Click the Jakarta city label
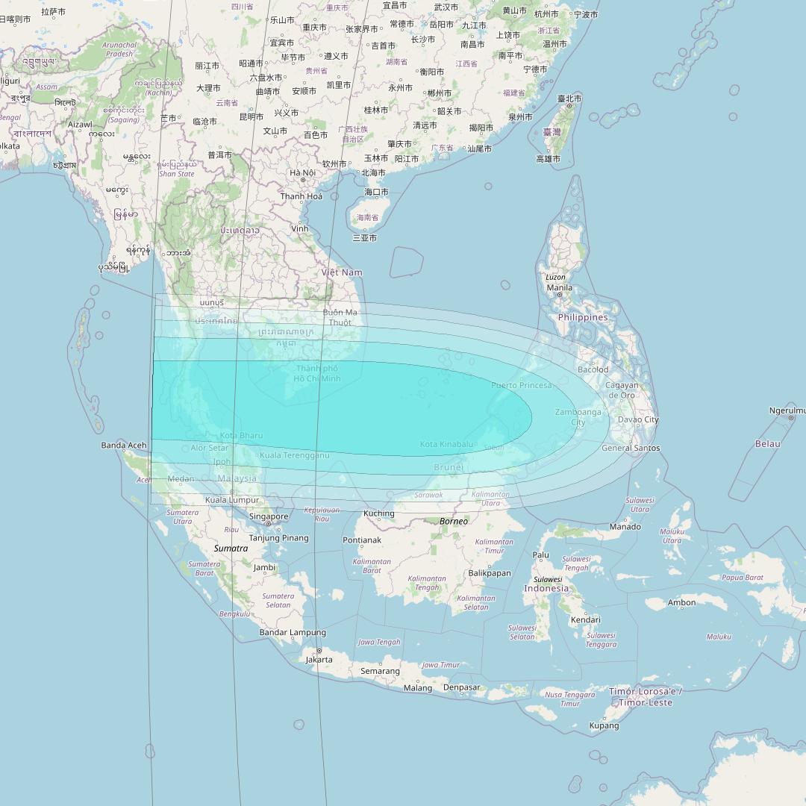point(319,660)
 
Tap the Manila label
point(559,287)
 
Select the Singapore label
point(269,516)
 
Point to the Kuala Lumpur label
point(232,500)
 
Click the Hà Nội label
point(302,173)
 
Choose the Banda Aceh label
point(124,446)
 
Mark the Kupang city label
point(604,725)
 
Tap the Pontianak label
point(362,540)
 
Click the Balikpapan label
point(490,573)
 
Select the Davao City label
point(638,419)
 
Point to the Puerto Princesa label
point(522,385)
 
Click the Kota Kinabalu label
point(446,444)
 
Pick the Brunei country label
point(449,467)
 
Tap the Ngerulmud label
point(787,410)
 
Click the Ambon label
point(681,602)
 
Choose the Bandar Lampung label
point(293,633)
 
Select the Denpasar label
point(461,687)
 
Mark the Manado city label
point(625,527)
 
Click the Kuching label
point(378,513)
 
